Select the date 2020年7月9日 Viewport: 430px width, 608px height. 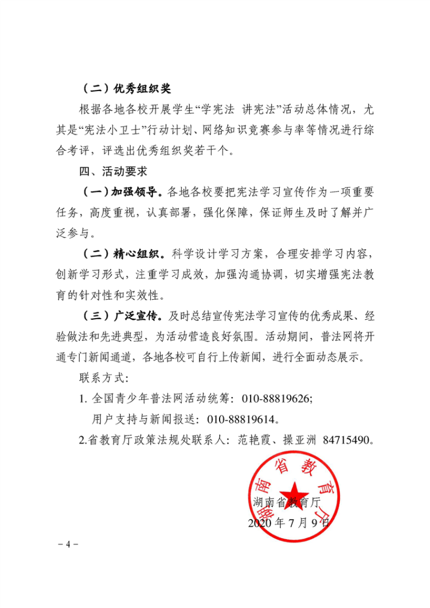pyautogui.click(x=289, y=522)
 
